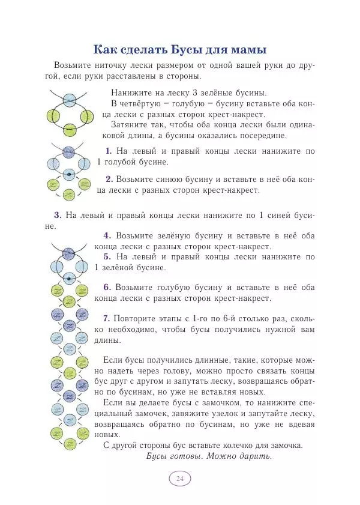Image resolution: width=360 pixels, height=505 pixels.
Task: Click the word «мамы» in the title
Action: coord(245,49)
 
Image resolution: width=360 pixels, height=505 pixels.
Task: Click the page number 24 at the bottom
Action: coord(179,478)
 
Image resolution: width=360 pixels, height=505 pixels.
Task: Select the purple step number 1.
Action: coord(109,151)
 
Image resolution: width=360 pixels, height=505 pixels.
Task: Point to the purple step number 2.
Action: coord(109,179)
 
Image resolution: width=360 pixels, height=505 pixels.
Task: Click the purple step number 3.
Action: coord(58,214)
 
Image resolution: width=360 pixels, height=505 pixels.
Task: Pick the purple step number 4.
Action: coord(107,235)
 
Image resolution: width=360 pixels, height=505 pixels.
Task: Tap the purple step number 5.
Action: coord(107,256)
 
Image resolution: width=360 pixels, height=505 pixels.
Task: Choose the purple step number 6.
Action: coord(107,287)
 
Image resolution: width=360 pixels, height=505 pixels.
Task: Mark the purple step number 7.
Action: coord(107,318)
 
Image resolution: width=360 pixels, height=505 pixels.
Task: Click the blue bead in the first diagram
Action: coord(69,100)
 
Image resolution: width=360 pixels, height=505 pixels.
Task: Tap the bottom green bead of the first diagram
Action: coord(69,128)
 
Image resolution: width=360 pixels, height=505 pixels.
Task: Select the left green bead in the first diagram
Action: coord(55,114)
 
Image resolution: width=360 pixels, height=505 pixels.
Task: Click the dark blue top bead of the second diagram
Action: coord(69,150)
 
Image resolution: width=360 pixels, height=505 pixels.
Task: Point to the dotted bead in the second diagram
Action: coord(69,174)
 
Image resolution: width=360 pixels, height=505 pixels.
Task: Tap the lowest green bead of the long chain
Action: coord(68,445)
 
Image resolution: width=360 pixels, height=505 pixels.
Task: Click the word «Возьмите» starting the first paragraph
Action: coord(74,65)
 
